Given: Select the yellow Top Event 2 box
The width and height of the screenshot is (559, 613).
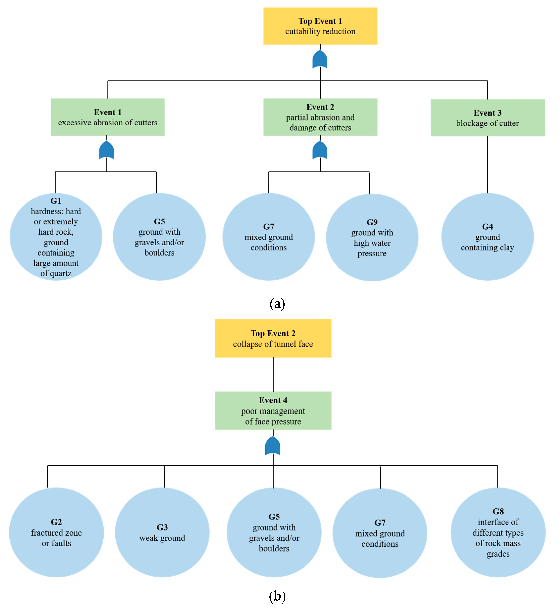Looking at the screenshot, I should [x=273, y=338].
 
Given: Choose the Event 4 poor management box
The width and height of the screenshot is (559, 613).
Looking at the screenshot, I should [x=273, y=411].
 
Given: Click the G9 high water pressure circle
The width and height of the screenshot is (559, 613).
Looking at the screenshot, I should [x=372, y=238].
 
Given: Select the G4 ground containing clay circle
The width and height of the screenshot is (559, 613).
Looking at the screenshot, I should [x=487, y=237].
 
